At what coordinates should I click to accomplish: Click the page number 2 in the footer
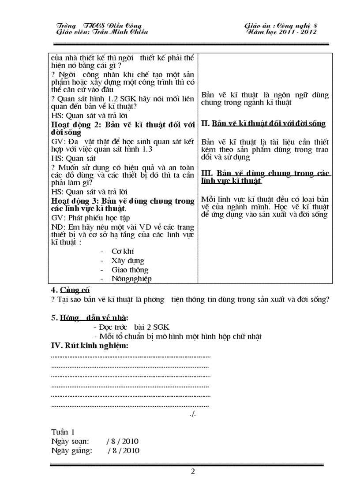(193, 472)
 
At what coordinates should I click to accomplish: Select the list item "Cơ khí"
(123, 251)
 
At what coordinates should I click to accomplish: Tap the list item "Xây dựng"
(127, 261)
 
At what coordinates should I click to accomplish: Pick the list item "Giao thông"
(130, 270)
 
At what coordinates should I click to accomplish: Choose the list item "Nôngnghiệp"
(131, 279)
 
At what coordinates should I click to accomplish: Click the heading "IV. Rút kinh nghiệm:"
(90, 346)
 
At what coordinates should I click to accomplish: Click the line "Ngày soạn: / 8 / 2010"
(95, 441)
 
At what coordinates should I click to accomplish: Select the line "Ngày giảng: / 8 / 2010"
(95, 450)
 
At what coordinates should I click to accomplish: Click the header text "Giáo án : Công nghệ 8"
(281, 26)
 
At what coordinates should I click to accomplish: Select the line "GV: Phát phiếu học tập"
(90, 218)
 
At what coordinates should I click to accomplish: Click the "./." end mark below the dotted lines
(192, 414)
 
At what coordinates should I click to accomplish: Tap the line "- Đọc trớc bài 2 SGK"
(131, 327)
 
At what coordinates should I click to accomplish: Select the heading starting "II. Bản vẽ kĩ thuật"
(263, 123)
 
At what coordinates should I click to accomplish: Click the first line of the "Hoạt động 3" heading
(123, 201)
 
